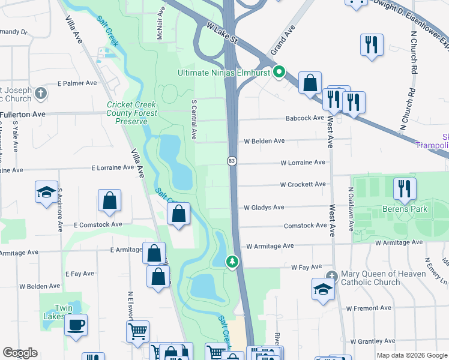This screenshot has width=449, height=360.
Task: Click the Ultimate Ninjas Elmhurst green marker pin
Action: [x=279, y=73]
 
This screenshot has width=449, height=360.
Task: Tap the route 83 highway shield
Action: [x=231, y=161]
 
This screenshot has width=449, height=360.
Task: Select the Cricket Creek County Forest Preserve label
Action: [x=131, y=112]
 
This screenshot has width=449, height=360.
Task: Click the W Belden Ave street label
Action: [x=264, y=141]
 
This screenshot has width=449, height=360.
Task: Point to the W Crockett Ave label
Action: [x=303, y=184]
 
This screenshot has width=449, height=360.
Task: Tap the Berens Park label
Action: [x=405, y=209]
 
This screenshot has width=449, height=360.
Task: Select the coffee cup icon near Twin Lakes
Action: [x=76, y=325]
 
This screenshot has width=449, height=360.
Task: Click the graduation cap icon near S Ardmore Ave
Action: [x=47, y=192]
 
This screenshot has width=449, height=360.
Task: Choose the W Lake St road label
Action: [x=222, y=35]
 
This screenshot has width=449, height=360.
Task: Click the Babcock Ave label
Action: [x=304, y=118]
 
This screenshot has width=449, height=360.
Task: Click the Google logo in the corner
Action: [x=20, y=353]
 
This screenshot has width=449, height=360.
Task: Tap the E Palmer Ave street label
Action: [x=77, y=83]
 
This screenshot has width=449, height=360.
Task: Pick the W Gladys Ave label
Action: [x=264, y=208]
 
